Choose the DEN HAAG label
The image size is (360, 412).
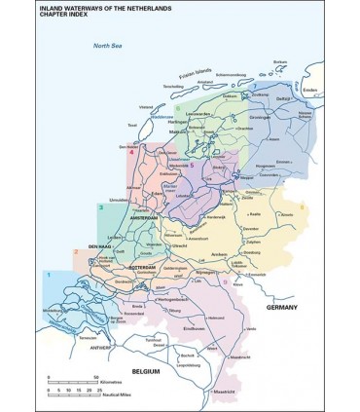tap(100, 246)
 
